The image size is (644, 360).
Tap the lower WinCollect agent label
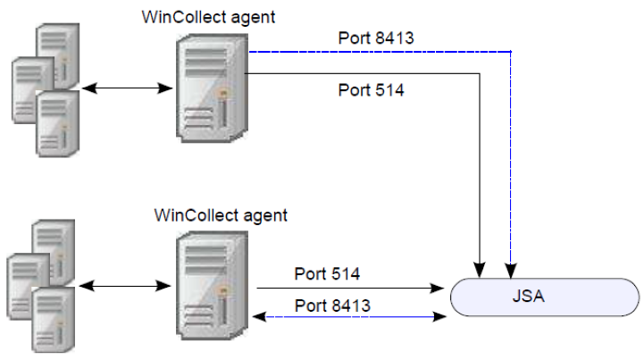click(x=221, y=215)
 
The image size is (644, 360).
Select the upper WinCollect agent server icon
click(x=211, y=88)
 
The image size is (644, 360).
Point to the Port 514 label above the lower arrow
click(x=327, y=274)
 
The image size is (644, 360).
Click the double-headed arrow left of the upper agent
click(x=125, y=88)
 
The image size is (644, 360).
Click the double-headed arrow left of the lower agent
click(x=125, y=288)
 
